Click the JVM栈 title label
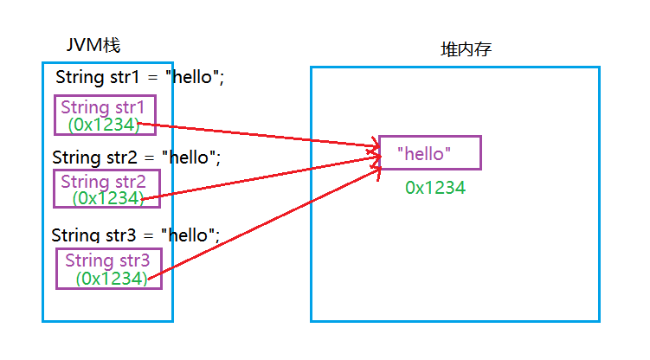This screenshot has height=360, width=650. pos(99,45)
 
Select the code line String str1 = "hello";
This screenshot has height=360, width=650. pos(139,77)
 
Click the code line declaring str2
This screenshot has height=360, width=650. pos(136,157)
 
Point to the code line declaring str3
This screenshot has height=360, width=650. pos(136,235)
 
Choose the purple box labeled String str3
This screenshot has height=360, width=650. pos(108,268)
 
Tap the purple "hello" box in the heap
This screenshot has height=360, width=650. pos(429,152)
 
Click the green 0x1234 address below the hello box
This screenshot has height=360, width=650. pos(435,187)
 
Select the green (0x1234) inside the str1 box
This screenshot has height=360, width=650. pos(103,125)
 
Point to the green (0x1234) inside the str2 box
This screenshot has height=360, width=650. pos(107,198)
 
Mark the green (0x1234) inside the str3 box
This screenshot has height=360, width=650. pos(110,278)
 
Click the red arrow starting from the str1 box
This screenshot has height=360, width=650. pos(260,136)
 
